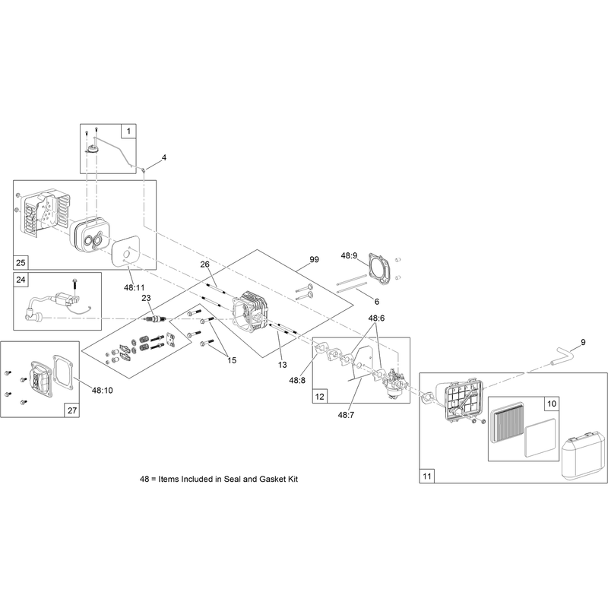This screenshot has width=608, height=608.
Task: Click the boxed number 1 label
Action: coord(128,131)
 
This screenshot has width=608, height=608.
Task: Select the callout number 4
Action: coord(164,157)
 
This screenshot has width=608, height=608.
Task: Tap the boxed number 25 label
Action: coord(21,262)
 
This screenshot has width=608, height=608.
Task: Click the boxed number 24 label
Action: coord(21,280)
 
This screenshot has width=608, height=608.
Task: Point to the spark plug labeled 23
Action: coord(154,318)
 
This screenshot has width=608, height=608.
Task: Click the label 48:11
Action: coord(135,287)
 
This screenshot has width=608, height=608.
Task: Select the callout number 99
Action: coord(314,259)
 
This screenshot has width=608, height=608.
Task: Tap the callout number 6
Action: coord(376,301)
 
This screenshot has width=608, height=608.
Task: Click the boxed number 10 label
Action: coord(552,404)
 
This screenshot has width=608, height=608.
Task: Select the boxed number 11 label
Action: coord(426,476)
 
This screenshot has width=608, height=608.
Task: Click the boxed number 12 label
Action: coord(320,396)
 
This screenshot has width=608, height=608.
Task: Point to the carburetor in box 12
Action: coord(394,384)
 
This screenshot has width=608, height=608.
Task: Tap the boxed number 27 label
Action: coord(72,410)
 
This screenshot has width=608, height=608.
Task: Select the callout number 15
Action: coord(232,360)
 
